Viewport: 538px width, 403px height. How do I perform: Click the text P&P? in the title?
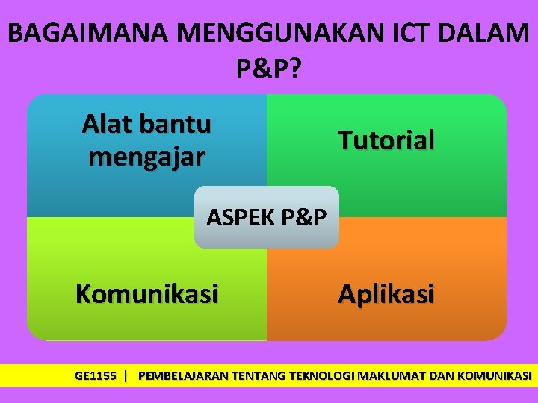(269, 69)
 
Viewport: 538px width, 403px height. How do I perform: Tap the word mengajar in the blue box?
(146, 157)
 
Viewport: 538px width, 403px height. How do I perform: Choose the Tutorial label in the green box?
(386, 140)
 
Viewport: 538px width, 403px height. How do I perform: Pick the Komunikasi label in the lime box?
(146, 294)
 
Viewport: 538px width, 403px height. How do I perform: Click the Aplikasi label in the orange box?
(386, 294)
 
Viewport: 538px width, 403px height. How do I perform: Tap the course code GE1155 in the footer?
(96, 375)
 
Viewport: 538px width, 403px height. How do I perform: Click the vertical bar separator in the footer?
(126, 375)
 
